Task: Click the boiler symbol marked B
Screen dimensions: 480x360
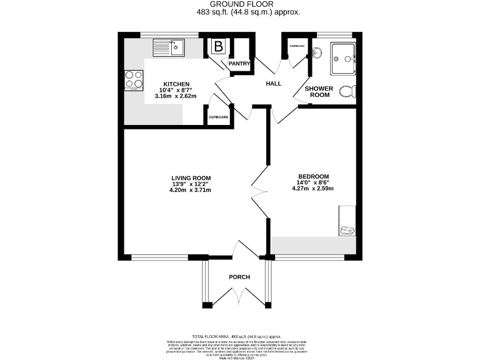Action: [219, 46]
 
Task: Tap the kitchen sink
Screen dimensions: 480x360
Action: [168, 46]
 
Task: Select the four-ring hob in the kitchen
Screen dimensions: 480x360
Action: [134, 79]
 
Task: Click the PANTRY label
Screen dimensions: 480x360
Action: [239, 63]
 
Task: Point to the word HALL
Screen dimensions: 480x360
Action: [274, 83]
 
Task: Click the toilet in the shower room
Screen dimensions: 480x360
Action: [347, 91]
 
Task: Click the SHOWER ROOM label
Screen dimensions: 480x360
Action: [319, 92]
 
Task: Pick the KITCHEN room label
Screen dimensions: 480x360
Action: [176, 84]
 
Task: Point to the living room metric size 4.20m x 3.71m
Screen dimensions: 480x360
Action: [190, 190]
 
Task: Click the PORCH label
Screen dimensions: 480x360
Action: [239, 277]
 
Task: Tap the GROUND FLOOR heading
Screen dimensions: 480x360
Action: [240, 4]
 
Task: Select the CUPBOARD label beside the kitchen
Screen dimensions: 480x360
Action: [218, 117]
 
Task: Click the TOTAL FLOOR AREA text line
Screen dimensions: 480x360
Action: [240, 336]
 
